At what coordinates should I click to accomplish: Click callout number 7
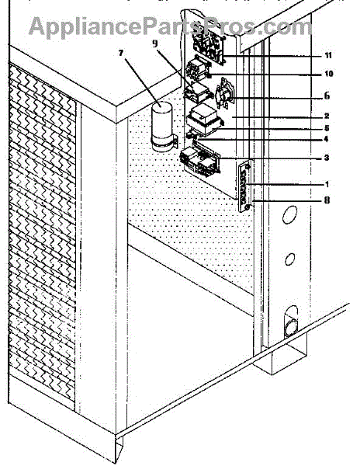click(x=120, y=53)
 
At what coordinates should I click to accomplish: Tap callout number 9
click(x=154, y=43)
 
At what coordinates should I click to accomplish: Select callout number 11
click(x=327, y=56)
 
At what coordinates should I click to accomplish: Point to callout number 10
click(x=328, y=74)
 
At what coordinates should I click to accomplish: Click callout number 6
click(x=327, y=96)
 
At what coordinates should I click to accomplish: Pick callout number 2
click(x=327, y=116)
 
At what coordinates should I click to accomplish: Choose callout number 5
click(x=327, y=128)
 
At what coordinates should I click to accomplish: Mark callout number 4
click(x=326, y=139)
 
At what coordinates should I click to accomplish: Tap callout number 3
click(x=327, y=158)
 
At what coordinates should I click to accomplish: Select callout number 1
click(x=327, y=185)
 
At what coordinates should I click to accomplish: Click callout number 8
click(x=327, y=200)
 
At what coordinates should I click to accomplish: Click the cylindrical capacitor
click(x=161, y=127)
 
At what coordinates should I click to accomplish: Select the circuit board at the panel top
click(x=209, y=46)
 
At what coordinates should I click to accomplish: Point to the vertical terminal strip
click(x=245, y=186)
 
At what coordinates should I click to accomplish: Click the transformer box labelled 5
click(x=204, y=120)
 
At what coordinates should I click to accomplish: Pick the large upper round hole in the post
click(x=289, y=214)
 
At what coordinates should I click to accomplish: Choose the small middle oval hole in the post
click(x=289, y=259)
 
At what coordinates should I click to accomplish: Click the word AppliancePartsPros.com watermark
click(x=170, y=26)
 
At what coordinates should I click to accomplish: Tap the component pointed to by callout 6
click(x=225, y=94)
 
